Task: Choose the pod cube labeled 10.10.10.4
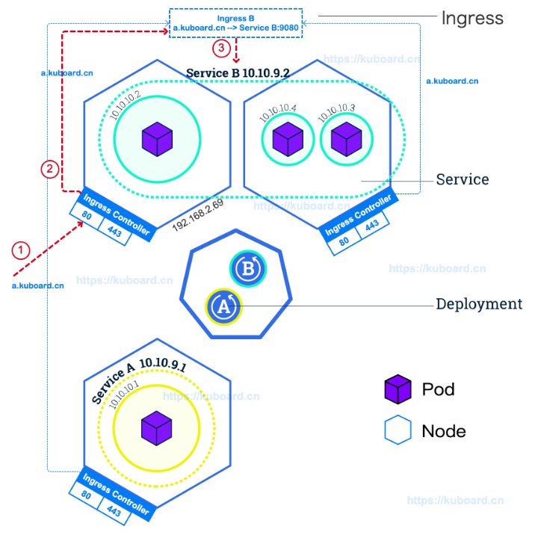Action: pos(287,140)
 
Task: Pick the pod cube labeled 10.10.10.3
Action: pos(345,140)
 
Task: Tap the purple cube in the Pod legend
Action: pos(398,390)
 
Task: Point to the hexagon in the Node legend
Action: pos(398,430)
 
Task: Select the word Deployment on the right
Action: pos(479,304)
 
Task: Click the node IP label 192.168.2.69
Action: pos(198,216)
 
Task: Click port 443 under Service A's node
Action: pos(114,512)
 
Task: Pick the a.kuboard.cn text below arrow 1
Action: pos(38,285)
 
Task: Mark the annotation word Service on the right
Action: pos(463,179)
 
